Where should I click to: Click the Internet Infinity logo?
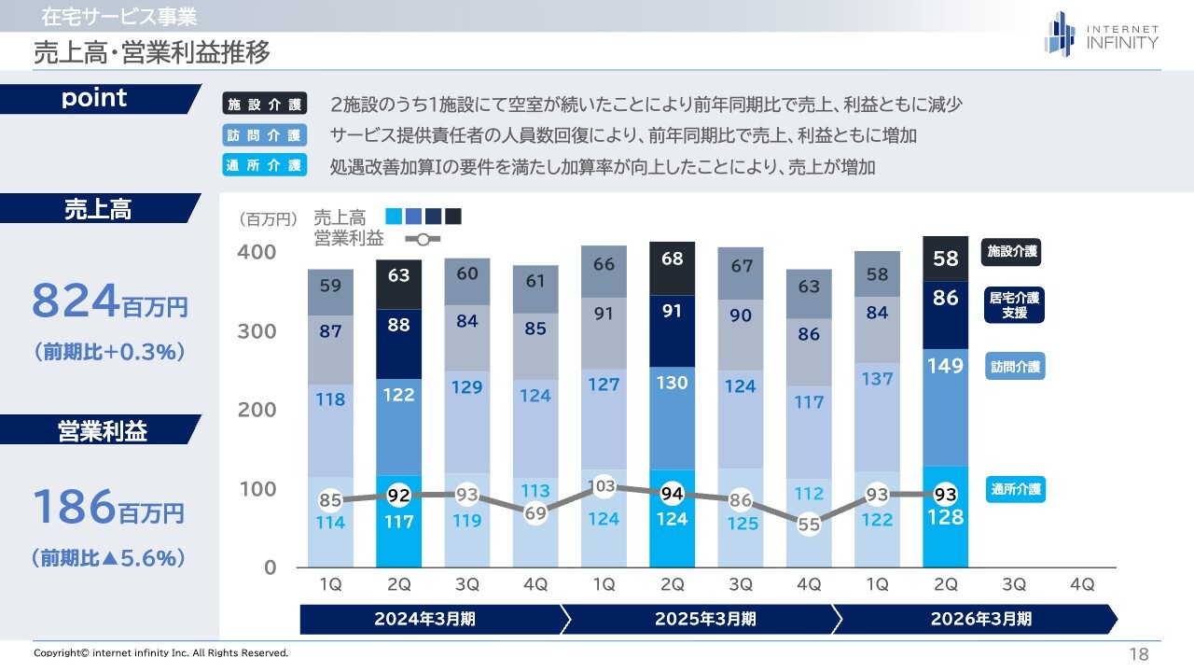[x=1101, y=34]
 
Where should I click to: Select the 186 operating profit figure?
[x=75, y=508]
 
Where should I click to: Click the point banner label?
[x=94, y=99]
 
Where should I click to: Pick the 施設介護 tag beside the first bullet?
[x=265, y=105]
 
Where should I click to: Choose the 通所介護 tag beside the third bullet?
[x=265, y=166]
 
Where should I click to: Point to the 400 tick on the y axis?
[x=257, y=252]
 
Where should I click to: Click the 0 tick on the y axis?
[x=270, y=567]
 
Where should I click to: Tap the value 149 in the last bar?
[x=945, y=366]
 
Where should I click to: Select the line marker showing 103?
[x=604, y=485]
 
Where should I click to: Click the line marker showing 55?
[x=809, y=525]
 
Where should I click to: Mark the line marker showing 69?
[x=535, y=512]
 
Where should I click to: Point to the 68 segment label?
[x=672, y=259]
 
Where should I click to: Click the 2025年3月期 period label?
[x=704, y=619]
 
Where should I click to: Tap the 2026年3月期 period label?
[x=980, y=619]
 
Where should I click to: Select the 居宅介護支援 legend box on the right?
[x=1013, y=306]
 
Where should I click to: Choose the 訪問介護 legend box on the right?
[x=1014, y=367]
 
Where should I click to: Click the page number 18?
[x=1138, y=653]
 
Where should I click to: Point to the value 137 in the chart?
[x=877, y=379]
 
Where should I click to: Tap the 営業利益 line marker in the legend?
[x=423, y=239]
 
